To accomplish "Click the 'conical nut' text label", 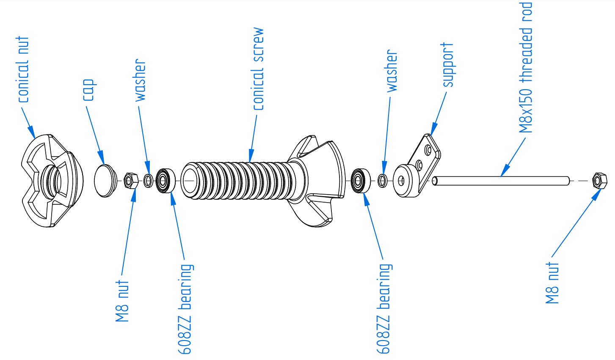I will pyautogui.click(x=24, y=69).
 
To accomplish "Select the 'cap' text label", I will pyautogui.click(x=88, y=90).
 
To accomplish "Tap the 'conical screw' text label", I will pyautogui.click(x=258, y=69).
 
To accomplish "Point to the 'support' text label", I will pyautogui.click(x=448, y=65).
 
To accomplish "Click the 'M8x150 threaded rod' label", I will pyautogui.click(x=526, y=68).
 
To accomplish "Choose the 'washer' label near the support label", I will pyautogui.click(x=392, y=71).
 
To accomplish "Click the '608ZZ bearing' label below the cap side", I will pyautogui.click(x=186, y=309).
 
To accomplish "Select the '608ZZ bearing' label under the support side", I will pyautogui.click(x=383, y=309).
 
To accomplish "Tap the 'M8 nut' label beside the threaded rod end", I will pyautogui.click(x=553, y=283).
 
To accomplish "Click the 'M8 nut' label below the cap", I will pyautogui.click(x=123, y=301).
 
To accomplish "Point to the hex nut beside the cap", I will pyautogui.click(x=129, y=181).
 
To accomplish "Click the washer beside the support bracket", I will pyautogui.click(x=382, y=181).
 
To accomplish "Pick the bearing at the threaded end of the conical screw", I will pyautogui.click(x=166, y=181).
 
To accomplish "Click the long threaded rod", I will pyautogui.click(x=499, y=181).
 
